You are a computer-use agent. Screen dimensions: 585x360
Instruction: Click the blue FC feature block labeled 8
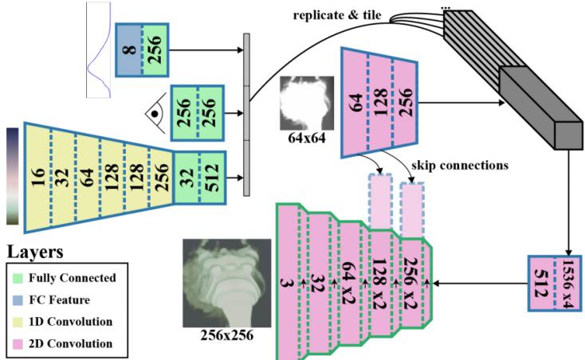pos(128,50)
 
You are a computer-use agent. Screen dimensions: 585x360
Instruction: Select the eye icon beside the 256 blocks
pos(155,113)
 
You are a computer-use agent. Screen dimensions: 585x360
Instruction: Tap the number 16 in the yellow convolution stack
pos(38,177)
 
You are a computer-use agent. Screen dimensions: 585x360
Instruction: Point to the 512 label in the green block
pos(213,178)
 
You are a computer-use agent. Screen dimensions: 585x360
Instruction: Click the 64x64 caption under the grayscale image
pos(307,139)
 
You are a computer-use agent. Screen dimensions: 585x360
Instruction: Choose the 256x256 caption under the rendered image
pos(227,335)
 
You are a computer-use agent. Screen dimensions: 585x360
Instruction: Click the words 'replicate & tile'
pos(337,15)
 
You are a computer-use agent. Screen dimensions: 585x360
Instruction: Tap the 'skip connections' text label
pos(460,165)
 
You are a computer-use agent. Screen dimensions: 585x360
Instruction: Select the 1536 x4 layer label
pos(567,284)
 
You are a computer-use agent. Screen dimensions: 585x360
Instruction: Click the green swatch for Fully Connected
pos(18,278)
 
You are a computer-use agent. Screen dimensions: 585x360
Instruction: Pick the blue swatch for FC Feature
pos(18,300)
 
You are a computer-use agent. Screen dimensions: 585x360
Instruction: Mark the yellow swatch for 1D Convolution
pos(18,322)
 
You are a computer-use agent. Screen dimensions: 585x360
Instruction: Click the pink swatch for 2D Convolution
pos(18,343)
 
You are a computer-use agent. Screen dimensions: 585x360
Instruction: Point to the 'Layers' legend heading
pos(35,252)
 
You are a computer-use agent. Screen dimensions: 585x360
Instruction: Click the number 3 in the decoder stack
pos(286,284)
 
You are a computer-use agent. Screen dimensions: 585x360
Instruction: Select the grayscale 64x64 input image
pos(307,104)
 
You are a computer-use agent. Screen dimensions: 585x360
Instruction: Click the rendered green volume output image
pos(227,284)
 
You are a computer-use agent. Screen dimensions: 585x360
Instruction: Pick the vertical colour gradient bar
pos(12,176)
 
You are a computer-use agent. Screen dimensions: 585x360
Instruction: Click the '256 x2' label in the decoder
pos(411,284)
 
